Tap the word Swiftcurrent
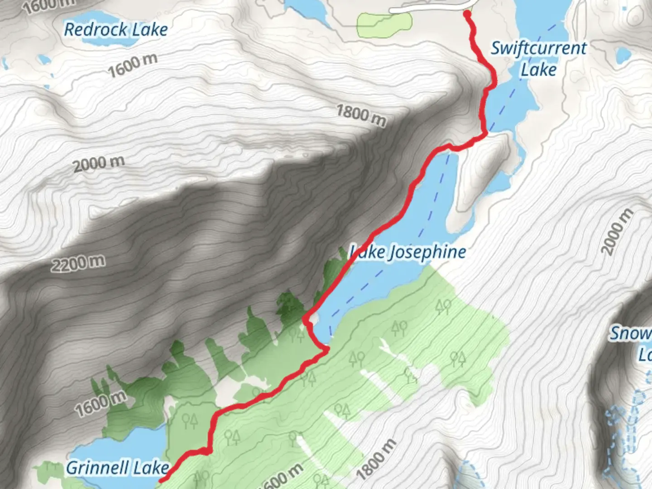(x=538, y=48)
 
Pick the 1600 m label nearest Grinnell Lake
(x=101, y=403)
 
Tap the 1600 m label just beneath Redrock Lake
(x=133, y=65)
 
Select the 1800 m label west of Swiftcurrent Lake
(x=361, y=115)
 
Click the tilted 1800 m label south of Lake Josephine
(x=375, y=460)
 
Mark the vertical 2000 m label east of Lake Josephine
(x=617, y=231)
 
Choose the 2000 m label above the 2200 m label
(x=99, y=163)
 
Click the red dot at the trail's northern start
(x=467, y=14)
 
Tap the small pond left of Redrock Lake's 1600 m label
(x=44, y=60)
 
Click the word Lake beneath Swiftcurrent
(x=538, y=70)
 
